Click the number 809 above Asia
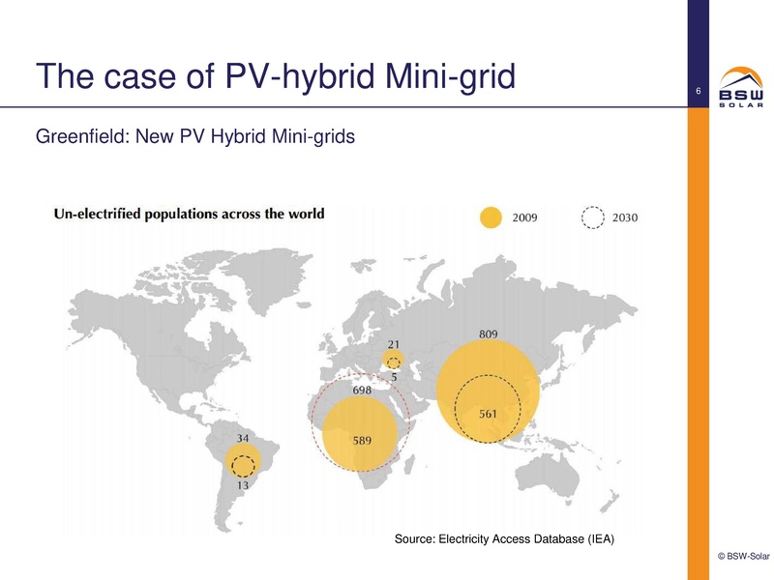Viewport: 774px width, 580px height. tap(489, 334)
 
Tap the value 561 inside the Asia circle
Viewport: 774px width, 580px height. tap(489, 414)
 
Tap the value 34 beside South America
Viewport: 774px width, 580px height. tap(244, 439)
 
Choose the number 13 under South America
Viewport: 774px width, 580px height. tap(244, 486)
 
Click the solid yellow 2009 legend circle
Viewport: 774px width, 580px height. tap(492, 217)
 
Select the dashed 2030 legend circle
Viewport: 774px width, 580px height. tap(592, 217)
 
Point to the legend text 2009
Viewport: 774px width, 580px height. tap(526, 217)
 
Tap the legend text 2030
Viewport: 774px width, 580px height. tap(625, 217)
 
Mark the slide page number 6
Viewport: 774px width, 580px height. tap(698, 92)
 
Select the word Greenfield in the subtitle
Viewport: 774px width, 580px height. tap(80, 137)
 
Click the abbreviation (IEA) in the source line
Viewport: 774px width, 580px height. tap(598, 537)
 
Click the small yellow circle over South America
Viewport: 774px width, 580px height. tap(239, 462)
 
